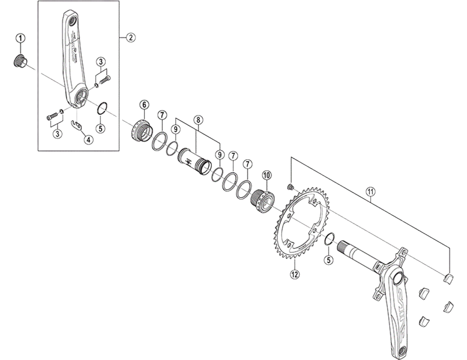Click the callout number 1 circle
[x=20, y=39]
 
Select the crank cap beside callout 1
[x=19, y=61]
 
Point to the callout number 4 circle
[x=88, y=140]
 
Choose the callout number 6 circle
[x=144, y=105]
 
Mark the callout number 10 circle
[x=267, y=175]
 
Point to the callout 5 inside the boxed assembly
[x=100, y=128]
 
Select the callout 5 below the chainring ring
[x=329, y=260]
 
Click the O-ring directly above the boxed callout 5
[x=100, y=107]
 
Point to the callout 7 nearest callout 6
[x=162, y=116]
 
